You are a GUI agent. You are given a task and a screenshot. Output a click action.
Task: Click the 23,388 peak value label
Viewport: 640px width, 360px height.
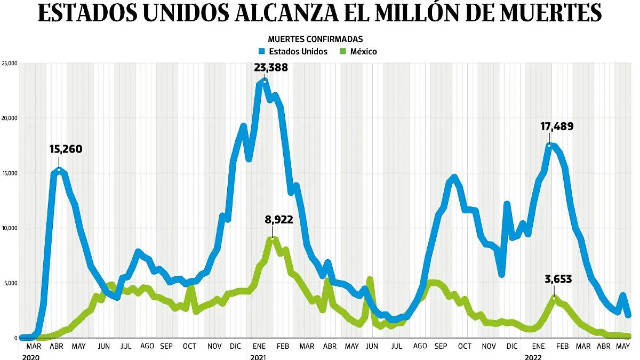point(270,68)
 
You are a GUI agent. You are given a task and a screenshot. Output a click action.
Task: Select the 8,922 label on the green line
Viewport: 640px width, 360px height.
point(278,219)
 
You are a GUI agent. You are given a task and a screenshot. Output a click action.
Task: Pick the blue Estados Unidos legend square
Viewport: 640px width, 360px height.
point(262,52)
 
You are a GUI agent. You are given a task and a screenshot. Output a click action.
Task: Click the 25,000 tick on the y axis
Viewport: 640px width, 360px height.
point(10,63)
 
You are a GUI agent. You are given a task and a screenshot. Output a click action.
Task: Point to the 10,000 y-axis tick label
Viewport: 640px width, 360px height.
point(10,228)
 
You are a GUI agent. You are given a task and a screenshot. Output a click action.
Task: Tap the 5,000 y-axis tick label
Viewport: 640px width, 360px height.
point(11,283)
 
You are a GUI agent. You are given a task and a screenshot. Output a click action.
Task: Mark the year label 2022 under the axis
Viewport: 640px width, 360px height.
point(534,356)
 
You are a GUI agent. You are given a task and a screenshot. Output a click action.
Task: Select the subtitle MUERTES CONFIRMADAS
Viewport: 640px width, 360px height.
point(315,39)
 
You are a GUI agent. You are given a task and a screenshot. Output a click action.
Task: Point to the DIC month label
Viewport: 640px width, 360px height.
point(235,346)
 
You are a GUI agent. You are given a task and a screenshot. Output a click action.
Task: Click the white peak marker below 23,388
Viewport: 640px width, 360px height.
point(265,82)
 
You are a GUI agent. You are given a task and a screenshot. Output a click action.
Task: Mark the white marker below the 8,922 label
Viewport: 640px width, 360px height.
point(272,238)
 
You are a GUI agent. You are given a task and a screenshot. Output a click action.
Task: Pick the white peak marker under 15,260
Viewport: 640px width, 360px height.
point(59,170)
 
